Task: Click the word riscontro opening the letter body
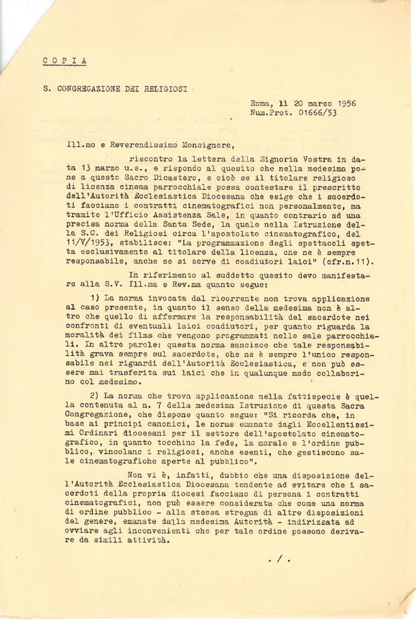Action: tap(152, 158)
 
